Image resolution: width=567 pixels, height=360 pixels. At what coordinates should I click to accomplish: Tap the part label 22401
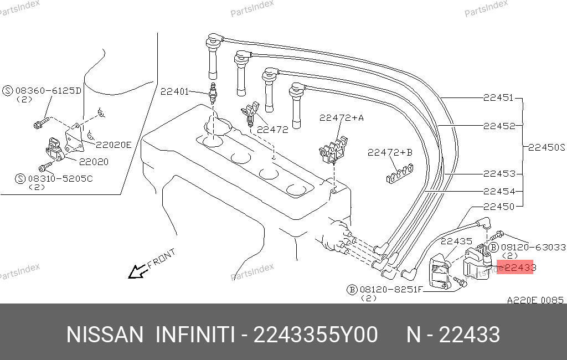click(x=174, y=91)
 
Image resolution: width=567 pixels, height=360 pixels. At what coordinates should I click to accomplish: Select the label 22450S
click(x=547, y=147)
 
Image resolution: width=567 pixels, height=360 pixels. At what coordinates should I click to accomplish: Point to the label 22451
click(x=498, y=97)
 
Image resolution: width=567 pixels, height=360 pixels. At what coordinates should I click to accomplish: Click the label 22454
click(x=499, y=191)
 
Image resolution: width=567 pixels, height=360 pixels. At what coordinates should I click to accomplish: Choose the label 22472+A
click(x=341, y=117)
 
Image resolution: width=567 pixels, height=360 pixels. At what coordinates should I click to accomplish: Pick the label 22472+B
click(x=390, y=152)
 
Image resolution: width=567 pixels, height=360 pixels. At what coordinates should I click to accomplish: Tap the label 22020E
click(x=114, y=145)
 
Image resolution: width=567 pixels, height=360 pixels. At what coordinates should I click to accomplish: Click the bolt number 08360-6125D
click(x=49, y=90)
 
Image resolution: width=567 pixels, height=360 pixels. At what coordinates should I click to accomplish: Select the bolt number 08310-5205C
click(x=60, y=178)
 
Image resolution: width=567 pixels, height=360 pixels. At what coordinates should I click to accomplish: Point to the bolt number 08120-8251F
click(x=391, y=290)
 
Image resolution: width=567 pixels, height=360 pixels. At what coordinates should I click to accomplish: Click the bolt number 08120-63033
click(x=533, y=247)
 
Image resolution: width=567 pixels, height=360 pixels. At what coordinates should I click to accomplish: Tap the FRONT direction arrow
click(x=137, y=271)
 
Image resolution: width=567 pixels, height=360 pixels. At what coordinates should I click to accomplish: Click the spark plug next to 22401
click(x=213, y=93)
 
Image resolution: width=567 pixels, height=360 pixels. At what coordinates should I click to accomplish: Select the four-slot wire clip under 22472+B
click(x=400, y=173)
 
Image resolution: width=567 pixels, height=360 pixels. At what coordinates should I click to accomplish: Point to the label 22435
click(x=456, y=241)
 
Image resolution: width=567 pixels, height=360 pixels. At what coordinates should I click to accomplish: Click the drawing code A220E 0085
click(x=535, y=300)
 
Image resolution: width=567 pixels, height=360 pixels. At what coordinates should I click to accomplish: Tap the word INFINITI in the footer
click(x=195, y=335)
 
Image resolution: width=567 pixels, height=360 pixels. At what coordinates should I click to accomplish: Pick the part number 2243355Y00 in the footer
click(x=316, y=335)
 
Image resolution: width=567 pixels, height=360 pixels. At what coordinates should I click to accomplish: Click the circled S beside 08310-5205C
click(x=20, y=179)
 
